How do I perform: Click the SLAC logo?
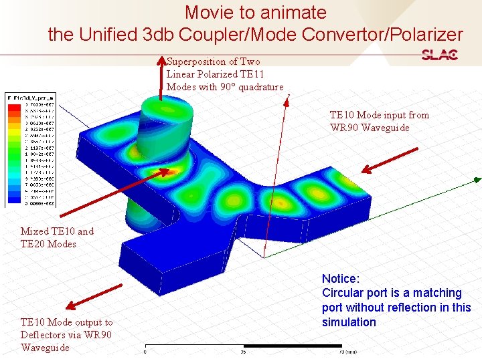pyautogui.click(x=440, y=55)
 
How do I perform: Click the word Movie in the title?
pyautogui.click(x=208, y=12)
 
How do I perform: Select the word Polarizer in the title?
pyautogui.click(x=421, y=34)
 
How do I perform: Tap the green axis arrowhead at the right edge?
pyautogui.click(x=477, y=179)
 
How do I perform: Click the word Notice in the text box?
pyautogui.click(x=341, y=278)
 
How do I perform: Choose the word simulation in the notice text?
pyautogui.click(x=349, y=322)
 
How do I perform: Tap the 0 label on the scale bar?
pyautogui.click(x=145, y=352)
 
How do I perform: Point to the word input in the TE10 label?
pyautogui.click(x=392, y=115)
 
